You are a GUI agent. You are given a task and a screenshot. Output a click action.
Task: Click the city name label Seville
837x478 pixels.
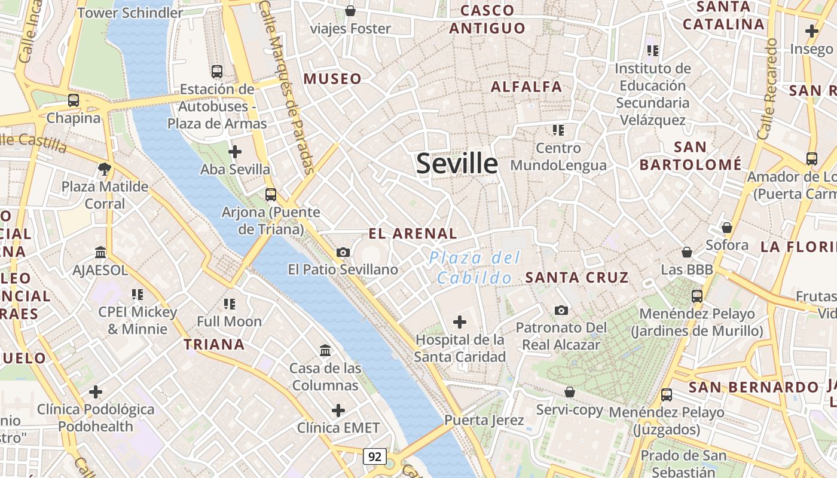click(x=457, y=163)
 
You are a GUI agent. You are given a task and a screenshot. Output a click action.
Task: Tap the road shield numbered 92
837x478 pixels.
click(x=375, y=457)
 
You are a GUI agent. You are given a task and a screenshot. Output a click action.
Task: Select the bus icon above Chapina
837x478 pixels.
click(x=74, y=100)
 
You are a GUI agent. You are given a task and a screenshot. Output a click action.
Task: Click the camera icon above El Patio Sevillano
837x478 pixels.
click(x=343, y=252)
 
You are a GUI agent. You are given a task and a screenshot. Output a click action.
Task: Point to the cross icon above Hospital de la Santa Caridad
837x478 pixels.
click(x=459, y=323)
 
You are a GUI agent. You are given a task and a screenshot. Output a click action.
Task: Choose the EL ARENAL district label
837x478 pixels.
click(x=413, y=234)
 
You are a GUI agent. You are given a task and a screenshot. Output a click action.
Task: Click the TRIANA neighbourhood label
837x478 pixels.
click(x=214, y=344)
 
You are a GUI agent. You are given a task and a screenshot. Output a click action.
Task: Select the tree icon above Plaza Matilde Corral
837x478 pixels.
click(x=105, y=169)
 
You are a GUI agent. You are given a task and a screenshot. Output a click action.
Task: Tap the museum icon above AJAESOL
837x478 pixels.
click(x=100, y=253)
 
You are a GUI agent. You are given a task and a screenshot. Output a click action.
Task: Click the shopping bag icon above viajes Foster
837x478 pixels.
click(x=350, y=11)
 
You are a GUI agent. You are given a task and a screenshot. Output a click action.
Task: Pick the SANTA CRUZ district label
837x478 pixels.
click(x=576, y=277)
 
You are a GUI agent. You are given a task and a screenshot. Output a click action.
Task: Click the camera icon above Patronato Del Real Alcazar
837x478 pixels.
click(x=561, y=310)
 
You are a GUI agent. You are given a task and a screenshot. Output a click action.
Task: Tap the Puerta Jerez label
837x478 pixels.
click(x=484, y=420)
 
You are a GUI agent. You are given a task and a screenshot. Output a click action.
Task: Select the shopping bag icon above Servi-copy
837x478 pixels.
click(x=570, y=392)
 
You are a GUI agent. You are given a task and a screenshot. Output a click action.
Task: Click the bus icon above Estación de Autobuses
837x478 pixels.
click(x=217, y=72)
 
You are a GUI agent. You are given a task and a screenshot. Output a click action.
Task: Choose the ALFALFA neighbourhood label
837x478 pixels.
click(x=526, y=87)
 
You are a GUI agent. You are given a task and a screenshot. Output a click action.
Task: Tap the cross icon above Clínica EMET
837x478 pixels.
click(x=338, y=410)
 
